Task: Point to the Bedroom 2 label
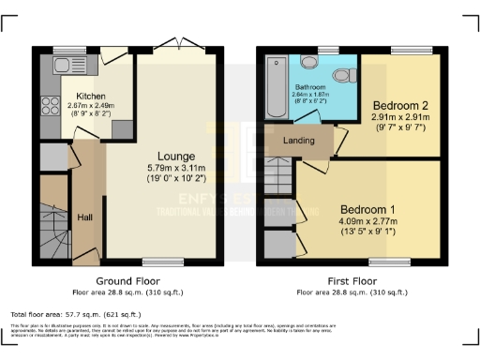400,105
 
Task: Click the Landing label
299,141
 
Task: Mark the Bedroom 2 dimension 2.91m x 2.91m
400,117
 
